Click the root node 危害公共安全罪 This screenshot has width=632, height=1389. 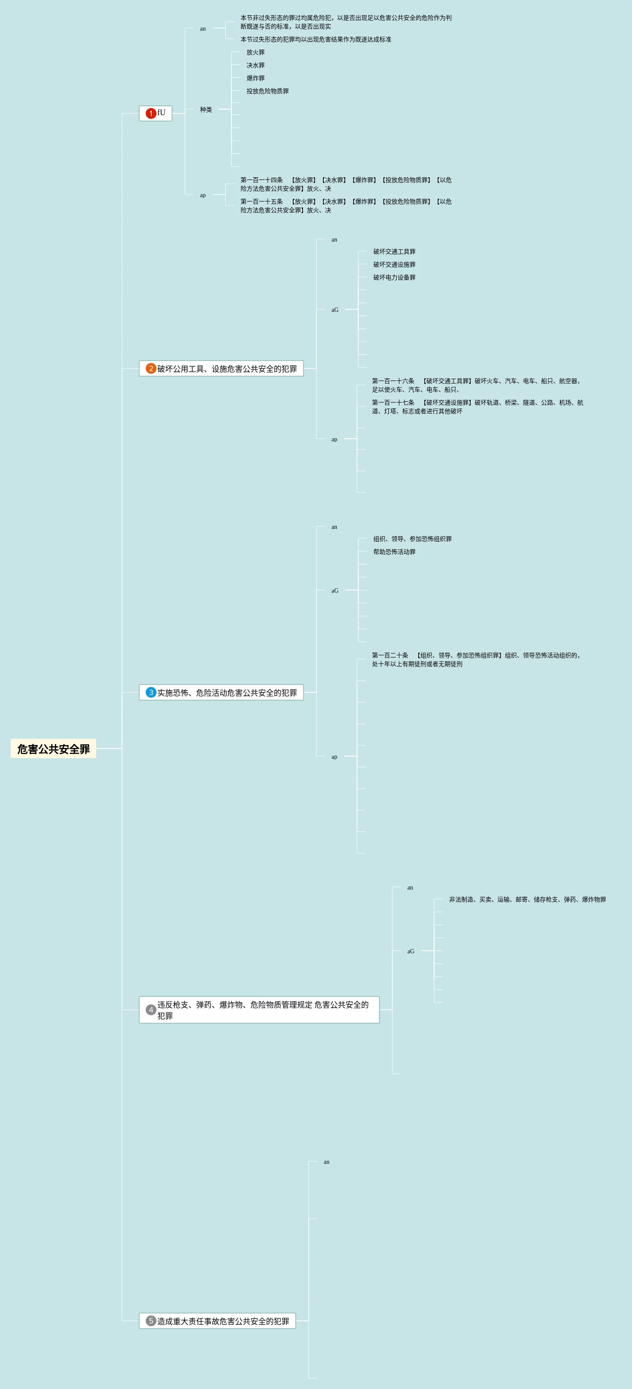tap(53, 748)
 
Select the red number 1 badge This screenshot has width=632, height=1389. tap(151, 113)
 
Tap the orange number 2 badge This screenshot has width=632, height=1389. tap(151, 368)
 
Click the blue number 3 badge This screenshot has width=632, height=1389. tap(151, 692)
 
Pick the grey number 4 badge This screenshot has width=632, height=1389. tap(151, 1009)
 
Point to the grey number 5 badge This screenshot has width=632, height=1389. tap(151, 1320)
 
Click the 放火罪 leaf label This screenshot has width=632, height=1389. tap(255, 52)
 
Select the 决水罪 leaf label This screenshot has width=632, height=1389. tap(255, 65)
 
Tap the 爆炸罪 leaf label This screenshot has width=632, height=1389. tap(255, 78)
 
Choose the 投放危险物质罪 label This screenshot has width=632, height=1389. tap(267, 91)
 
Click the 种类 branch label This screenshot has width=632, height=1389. tap(206, 110)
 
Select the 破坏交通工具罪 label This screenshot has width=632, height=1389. tap(394, 252)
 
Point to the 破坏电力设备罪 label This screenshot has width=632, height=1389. tap(394, 278)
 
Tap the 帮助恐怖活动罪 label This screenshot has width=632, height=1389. tap(394, 552)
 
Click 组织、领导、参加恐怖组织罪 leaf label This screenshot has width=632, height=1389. tap(412, 539)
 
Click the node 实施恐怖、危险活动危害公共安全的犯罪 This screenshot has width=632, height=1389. tap(227, 692)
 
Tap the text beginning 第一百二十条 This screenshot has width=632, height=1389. tap(476, 660)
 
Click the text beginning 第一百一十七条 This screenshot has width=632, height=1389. tap(477, 406)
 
